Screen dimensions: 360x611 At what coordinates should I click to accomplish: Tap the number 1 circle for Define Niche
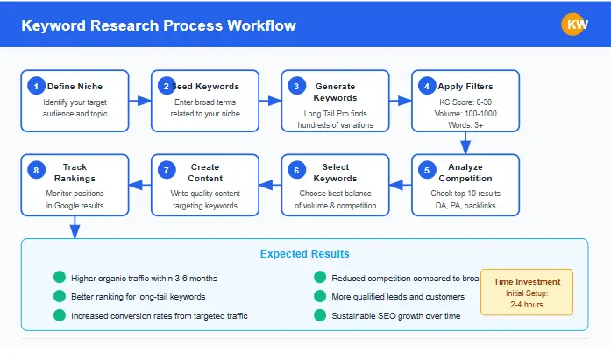(36, 86)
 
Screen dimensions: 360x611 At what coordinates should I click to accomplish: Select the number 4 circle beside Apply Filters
(427, 86)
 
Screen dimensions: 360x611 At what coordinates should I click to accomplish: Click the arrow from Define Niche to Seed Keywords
(139, 101)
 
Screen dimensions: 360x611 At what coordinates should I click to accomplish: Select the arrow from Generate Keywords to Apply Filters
(401, 101)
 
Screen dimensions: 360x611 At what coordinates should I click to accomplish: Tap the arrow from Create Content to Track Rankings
(139, 185)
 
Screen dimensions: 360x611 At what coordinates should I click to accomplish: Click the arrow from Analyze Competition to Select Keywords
(401, 185)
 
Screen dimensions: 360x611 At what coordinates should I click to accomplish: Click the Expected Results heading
(304, 254)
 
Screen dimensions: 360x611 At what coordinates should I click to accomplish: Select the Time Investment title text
(526, 282)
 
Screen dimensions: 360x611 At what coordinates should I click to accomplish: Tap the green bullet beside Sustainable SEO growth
(320, 314)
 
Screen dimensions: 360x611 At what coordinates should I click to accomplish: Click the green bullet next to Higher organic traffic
(59, 278)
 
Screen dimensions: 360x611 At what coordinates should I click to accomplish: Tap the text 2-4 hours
(526, 305)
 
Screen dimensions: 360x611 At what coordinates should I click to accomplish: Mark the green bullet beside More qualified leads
(320, 296)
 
